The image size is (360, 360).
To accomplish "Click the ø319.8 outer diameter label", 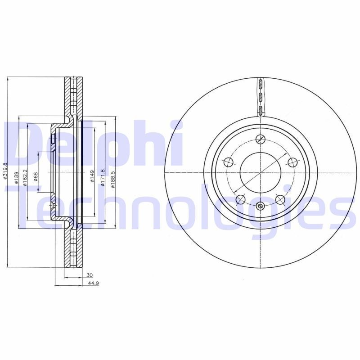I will point(5,171).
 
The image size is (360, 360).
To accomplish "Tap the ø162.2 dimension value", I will point(25,176).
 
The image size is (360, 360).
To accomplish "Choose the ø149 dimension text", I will point(92,175).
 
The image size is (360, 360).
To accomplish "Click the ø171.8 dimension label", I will point(103,175).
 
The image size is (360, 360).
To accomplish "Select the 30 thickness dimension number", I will point(90,275).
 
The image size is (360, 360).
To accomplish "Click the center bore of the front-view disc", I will point(261,172).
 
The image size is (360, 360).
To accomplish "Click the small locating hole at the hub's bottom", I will point(260,206).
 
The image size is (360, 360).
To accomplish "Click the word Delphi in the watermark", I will point(92,144).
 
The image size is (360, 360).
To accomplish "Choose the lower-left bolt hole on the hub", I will point(240,199).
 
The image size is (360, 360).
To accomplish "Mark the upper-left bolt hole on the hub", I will point(228,162).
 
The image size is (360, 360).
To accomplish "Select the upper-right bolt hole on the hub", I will point(292,162).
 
